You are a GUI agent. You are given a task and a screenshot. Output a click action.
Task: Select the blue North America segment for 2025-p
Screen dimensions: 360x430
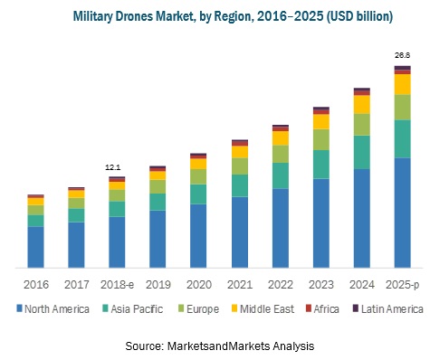[x=402, y=213]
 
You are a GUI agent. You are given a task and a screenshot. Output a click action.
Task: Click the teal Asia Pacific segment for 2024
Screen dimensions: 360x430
[x=361, y=152]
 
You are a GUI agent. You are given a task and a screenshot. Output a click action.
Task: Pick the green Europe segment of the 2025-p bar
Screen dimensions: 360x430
[x=402, y=107]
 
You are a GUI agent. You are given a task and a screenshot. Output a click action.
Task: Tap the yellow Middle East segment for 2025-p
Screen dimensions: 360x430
[x=402, y=84]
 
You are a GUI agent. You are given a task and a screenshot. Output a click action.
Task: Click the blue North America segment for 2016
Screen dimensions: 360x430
[x=35, y=246]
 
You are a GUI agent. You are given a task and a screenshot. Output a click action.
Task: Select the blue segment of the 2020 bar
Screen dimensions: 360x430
[x=198, y=235]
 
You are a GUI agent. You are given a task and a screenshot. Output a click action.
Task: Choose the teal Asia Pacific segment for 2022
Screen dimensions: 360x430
[x=280, y=175]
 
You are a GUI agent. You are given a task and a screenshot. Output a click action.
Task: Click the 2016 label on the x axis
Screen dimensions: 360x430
[x=35, y=284]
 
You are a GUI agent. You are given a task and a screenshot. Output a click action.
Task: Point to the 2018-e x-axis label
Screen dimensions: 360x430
[x=117, y=284]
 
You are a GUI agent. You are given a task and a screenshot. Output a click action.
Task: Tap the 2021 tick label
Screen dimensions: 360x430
[x=239, y=284]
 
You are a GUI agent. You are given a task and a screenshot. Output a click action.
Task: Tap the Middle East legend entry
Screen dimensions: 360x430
[x=269, y=309]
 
